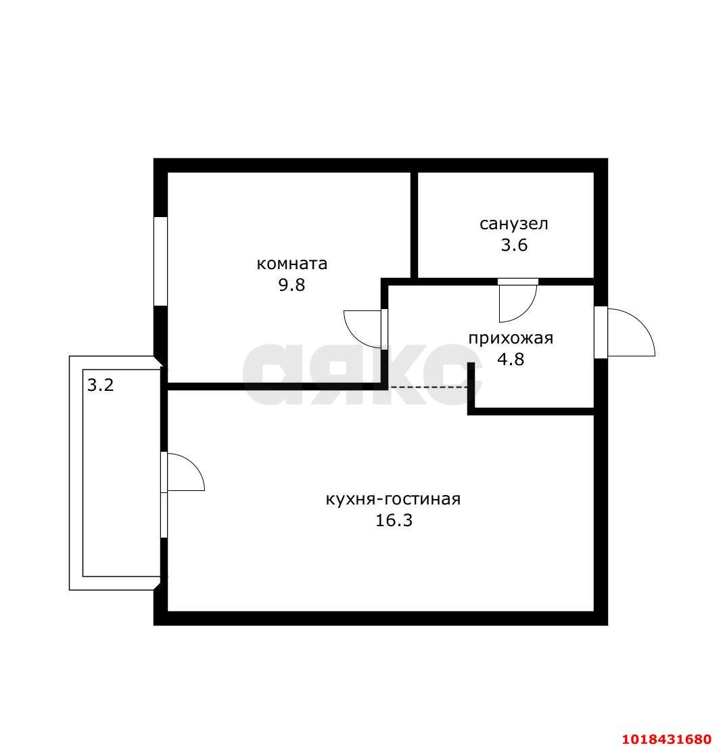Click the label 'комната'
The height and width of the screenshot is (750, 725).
coord(291,264)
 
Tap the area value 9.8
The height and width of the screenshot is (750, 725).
coord(291,285)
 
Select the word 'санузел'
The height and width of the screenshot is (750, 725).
coord(513,224)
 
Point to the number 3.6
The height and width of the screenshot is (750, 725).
coord(513,245)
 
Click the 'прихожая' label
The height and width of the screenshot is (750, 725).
coord(511,338)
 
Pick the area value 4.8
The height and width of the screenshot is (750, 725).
coord(511,359)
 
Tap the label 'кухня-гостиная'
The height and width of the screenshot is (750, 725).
coord(393,499)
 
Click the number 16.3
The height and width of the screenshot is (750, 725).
coord(393,520)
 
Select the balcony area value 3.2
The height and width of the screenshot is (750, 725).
coord(100,385)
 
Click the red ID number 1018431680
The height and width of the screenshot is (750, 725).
coord(668,739)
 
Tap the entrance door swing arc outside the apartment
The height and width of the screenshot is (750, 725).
coord(641,323)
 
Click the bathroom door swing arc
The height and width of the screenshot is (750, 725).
coord(524,312)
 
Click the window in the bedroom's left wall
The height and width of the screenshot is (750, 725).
coord(160,261)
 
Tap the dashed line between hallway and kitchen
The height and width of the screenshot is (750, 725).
coord(429,387)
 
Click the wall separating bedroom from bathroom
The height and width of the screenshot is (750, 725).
coord(414,225)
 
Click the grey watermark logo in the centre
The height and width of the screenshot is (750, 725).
coord(362,374)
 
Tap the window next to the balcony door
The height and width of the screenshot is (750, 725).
coord(164,515)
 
